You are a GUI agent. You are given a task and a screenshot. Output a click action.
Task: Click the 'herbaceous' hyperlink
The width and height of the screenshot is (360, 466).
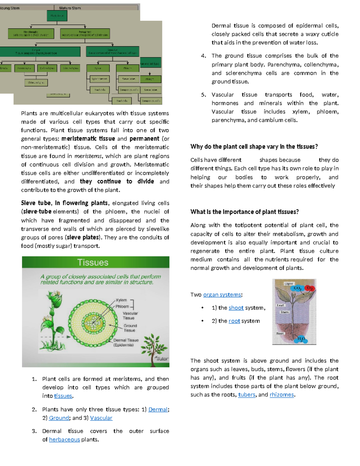point(64,440)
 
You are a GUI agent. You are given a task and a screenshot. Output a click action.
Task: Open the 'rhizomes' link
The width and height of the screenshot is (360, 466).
point(282,395)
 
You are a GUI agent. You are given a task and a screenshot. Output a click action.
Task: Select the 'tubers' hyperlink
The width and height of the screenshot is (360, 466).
point(247,395)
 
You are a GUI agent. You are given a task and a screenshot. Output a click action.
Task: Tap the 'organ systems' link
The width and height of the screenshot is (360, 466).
point(222,295)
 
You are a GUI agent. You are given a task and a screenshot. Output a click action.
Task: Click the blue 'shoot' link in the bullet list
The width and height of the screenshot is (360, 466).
point(236,308)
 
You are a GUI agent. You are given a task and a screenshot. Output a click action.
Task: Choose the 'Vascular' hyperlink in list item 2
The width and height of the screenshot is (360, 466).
point(101,418)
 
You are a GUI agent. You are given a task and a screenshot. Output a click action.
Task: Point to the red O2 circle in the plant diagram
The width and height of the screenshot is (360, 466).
point(310,288)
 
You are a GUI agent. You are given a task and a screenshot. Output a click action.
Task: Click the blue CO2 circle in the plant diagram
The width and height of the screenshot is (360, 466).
point(297,288)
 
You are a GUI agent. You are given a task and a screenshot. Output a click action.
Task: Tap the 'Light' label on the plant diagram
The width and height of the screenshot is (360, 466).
point(289,284)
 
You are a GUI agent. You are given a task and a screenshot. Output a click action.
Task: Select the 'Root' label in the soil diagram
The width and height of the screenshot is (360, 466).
point(280,333)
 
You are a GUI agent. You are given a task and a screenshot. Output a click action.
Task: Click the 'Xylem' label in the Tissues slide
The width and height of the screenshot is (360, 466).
point(121,300)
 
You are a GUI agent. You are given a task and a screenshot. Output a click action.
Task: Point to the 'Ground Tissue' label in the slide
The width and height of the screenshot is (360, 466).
point(130,328)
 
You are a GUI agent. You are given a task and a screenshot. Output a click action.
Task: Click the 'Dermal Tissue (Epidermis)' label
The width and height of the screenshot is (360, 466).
point(126,343)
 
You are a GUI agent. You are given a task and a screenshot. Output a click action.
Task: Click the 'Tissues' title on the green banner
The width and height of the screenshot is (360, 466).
point(93,263)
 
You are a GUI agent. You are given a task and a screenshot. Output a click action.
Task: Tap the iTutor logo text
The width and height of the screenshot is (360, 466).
point(162,359)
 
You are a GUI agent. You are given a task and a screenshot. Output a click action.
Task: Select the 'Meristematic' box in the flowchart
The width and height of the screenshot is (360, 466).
point(31,34)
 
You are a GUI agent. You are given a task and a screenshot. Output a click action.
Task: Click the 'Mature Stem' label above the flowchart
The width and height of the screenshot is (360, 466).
point(70,8)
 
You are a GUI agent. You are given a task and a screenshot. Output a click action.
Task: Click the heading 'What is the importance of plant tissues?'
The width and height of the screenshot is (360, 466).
point(244,212)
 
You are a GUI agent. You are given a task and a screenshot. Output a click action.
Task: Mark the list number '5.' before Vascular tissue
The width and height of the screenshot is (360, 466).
point(204,95)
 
